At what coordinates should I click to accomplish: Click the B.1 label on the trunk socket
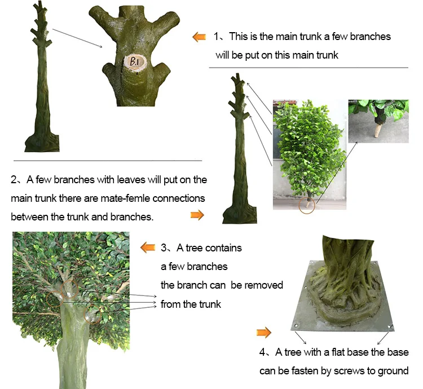point(134,62)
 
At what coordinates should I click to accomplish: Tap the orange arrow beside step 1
point(199,37)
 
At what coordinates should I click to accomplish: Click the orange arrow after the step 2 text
point(197,215)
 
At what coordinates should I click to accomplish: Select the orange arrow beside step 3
point(148,247)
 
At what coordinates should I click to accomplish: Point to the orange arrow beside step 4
point(264,333)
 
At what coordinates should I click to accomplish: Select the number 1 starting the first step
point(217,37)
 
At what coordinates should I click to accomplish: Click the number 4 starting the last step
point(262,352)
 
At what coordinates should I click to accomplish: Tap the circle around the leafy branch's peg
point(307,205)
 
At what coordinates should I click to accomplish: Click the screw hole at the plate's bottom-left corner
point(296,326)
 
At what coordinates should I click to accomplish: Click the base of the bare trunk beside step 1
point(42,143)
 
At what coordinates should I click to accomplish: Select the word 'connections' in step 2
point(179,198)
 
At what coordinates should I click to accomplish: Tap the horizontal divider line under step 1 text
point(309,68)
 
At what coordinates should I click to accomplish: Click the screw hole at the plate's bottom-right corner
point(390,326)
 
